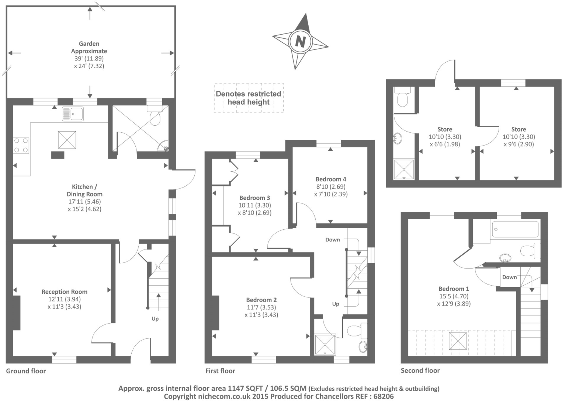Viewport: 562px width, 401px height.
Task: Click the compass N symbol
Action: [300, 41]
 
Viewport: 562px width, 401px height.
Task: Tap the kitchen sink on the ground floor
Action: [73, 114]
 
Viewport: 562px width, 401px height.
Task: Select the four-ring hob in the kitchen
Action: [21, 145]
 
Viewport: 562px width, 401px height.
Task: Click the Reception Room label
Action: [64, 292]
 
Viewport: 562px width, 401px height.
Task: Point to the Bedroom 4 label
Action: [331, 179]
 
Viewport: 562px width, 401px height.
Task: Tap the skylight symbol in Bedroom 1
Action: [457, 341]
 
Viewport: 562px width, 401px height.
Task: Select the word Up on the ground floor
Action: [155, 318]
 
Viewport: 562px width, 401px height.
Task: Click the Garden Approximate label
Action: [89, 47]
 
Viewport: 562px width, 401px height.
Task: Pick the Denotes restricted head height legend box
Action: [249, 98]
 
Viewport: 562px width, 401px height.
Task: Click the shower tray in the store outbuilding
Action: [404, 169]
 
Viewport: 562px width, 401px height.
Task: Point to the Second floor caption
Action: [420, 370]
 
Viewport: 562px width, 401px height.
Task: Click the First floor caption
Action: [220, 371]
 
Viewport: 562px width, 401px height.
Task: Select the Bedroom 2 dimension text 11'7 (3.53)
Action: [261, 307]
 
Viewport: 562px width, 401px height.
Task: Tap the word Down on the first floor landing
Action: [332, 240]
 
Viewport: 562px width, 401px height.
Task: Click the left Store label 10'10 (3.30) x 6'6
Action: [444, 137]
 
